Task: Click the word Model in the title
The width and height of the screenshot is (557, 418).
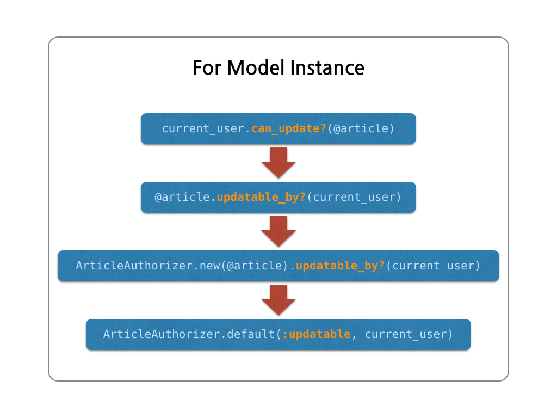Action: pos(256,68)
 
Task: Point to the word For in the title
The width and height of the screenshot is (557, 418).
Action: pos(207,68)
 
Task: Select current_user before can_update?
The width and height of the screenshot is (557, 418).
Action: pos(205,129)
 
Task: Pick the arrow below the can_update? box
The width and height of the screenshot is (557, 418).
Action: pos(278,162)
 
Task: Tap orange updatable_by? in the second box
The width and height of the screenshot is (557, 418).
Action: pos(262,197)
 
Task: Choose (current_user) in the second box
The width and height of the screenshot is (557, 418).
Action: pos(354,197)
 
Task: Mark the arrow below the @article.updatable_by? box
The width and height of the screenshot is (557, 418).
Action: pos(278,231)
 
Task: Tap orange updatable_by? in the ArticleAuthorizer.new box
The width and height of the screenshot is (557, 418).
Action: pos(340,266)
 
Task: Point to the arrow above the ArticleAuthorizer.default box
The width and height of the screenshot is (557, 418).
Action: pos(278,299)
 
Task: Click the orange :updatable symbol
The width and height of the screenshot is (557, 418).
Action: pos(317,334)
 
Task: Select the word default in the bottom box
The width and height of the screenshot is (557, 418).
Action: pos(251,334)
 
